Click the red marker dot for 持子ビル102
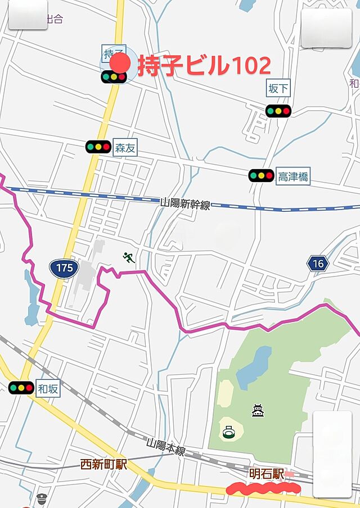point(119,62)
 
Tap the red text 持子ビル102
point(204,66)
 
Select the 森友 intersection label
point(125,148)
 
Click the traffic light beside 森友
point(98,147)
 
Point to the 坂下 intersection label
point(278,88)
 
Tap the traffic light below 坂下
point(278,111)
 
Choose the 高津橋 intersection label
point(293,176)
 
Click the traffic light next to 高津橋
point(261,175)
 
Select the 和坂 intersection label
point(48,388)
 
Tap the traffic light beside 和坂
point(21,387)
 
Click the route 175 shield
point(64,267)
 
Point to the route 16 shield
point(318,263)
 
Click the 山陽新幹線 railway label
point(185,203)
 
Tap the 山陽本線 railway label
point(166,447)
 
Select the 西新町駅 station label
point(103,465)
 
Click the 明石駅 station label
point(265,474)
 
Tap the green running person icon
point(129,258)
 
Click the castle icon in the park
point(258,411)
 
